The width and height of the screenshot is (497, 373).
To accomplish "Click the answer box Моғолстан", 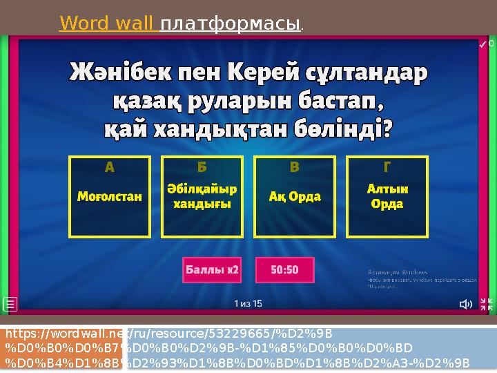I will click(x=109, y=197).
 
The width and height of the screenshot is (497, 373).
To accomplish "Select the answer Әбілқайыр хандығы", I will click(x=202, y=197).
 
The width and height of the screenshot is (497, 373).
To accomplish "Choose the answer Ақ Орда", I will click(x=295, y=197).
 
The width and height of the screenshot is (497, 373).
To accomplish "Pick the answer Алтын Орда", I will click(x=387, y=197).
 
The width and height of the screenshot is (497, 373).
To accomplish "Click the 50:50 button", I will click(x=284, y=270).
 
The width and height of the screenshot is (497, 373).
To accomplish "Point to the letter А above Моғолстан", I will click(x=109, y=167).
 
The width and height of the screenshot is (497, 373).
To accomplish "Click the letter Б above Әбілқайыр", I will click(x=193, y=167).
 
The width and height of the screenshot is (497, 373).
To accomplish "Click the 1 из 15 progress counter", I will click(x=248, y=303).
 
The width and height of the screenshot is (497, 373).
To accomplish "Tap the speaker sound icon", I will click(x=467, y=304).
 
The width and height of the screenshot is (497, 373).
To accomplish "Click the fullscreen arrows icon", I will click(x=486, y=304).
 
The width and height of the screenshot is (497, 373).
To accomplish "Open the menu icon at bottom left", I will click(x=10, y=304).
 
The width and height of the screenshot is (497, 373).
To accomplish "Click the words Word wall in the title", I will click(x=108, y=25).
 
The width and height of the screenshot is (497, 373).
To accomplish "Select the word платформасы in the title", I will click(x=231, y=25).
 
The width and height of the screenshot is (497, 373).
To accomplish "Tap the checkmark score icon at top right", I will click(x=483, y=44).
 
